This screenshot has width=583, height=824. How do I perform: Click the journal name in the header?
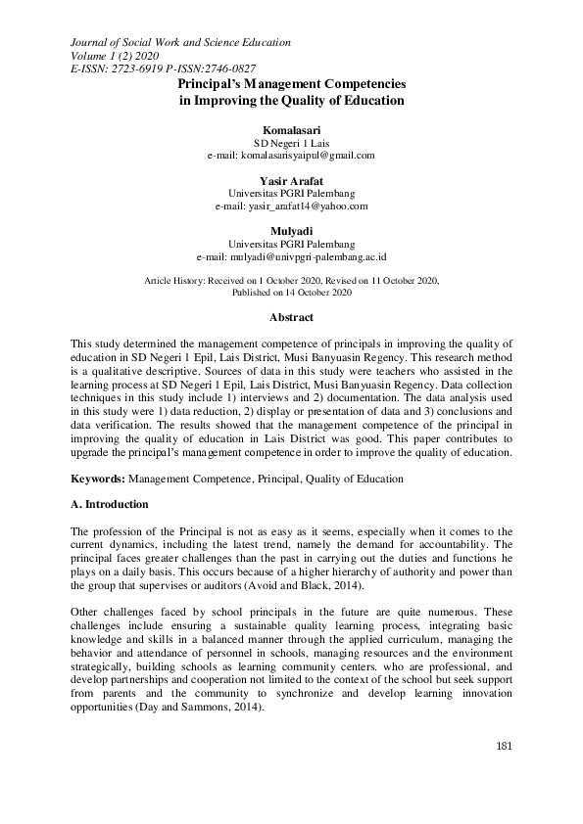click(x=180, y=42)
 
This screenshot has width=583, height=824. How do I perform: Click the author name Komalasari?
click(x=291, y=129)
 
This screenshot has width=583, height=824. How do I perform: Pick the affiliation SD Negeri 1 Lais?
click(x=291, y=142)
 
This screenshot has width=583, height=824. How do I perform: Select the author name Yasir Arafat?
click(x=291, y=181)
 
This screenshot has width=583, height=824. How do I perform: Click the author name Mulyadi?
click(x=291, y=232)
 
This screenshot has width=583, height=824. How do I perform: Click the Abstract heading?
click(x=291, y=318)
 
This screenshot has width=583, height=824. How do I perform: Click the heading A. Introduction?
click(x=110, y=504)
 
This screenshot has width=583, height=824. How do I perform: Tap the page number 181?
click(x=505, y=774)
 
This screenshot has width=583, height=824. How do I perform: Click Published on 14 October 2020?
click(x=291, y=293)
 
